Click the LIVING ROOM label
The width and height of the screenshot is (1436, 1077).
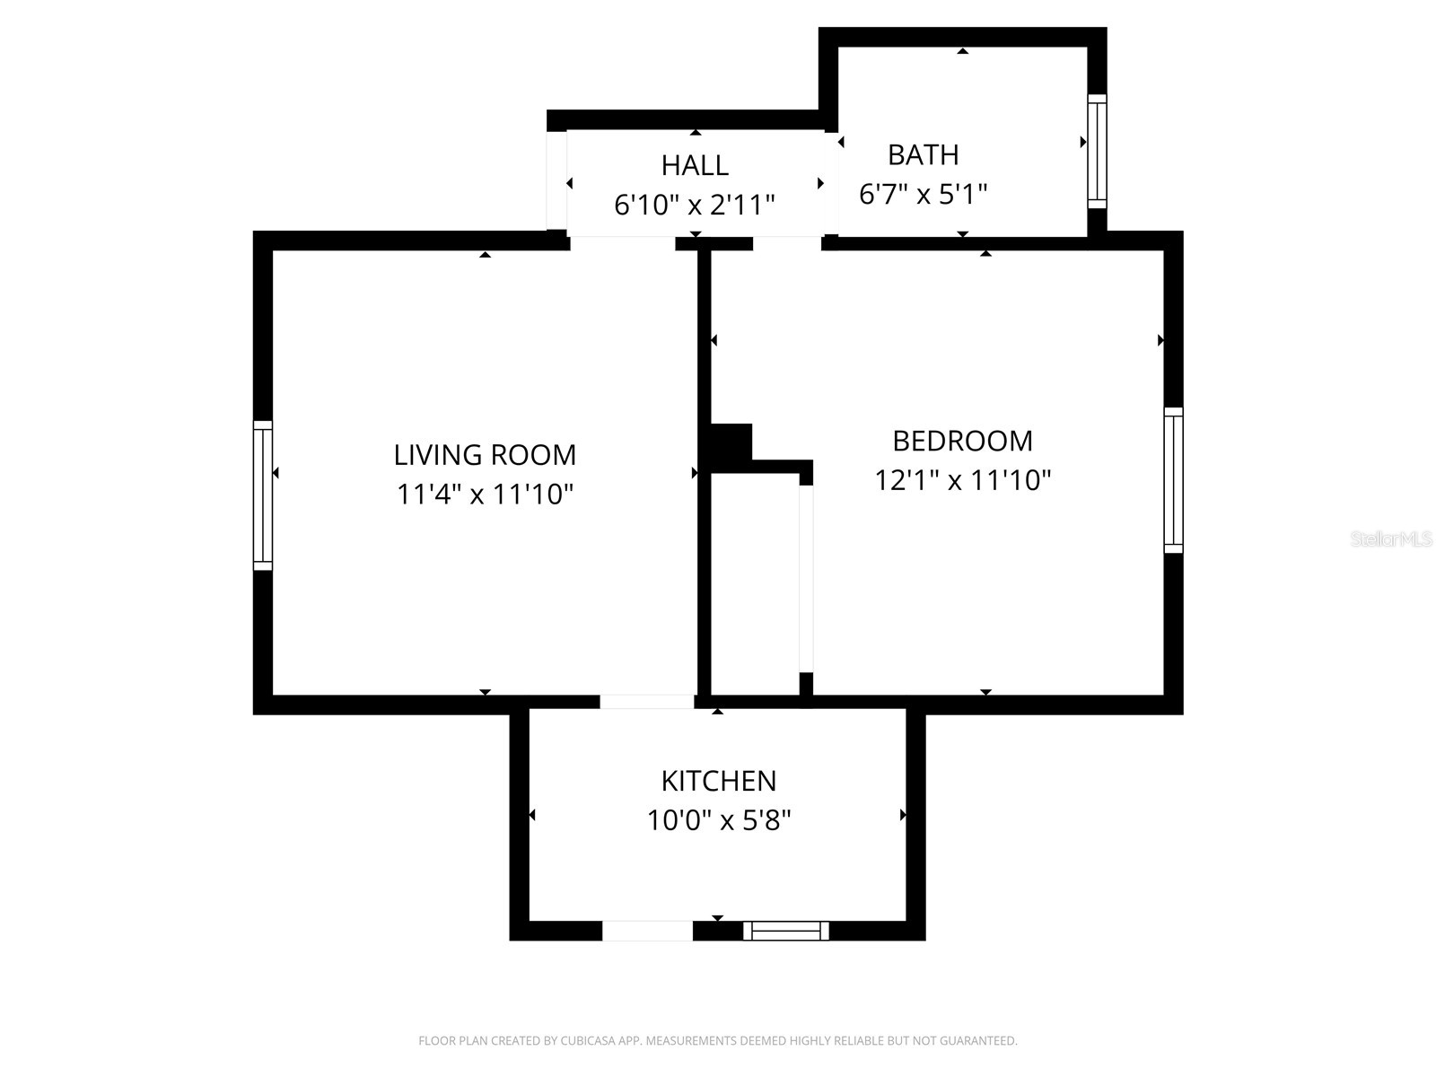click(484, 454)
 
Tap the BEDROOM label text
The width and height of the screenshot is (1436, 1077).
click(962, 441)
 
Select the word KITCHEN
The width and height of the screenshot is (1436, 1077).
click(718, 781)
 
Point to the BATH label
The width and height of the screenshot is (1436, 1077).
click(924, 155)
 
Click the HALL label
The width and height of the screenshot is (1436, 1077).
click(695, 165)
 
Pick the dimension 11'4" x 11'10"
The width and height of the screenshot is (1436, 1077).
click(485, 494)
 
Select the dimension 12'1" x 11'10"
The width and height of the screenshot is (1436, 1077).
click(962, 480)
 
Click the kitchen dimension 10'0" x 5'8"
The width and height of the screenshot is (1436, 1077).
click(718, 820)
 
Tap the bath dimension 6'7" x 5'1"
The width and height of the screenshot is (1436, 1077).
click(923, 194)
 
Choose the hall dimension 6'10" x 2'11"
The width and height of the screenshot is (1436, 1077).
click(694, 205)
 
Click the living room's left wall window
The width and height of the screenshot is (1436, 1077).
click(262, 495)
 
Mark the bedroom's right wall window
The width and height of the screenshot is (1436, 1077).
click(1174, 480)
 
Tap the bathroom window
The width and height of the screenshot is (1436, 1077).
click(1097, 151)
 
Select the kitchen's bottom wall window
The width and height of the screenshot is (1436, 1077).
click(785, 931)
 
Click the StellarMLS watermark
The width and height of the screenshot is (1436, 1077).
click(1391, 538)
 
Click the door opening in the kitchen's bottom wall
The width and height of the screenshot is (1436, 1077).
click(647, 931)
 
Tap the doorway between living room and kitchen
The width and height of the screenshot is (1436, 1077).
click(647, 702)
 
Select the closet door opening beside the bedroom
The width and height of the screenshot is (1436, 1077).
click(806, 579)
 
